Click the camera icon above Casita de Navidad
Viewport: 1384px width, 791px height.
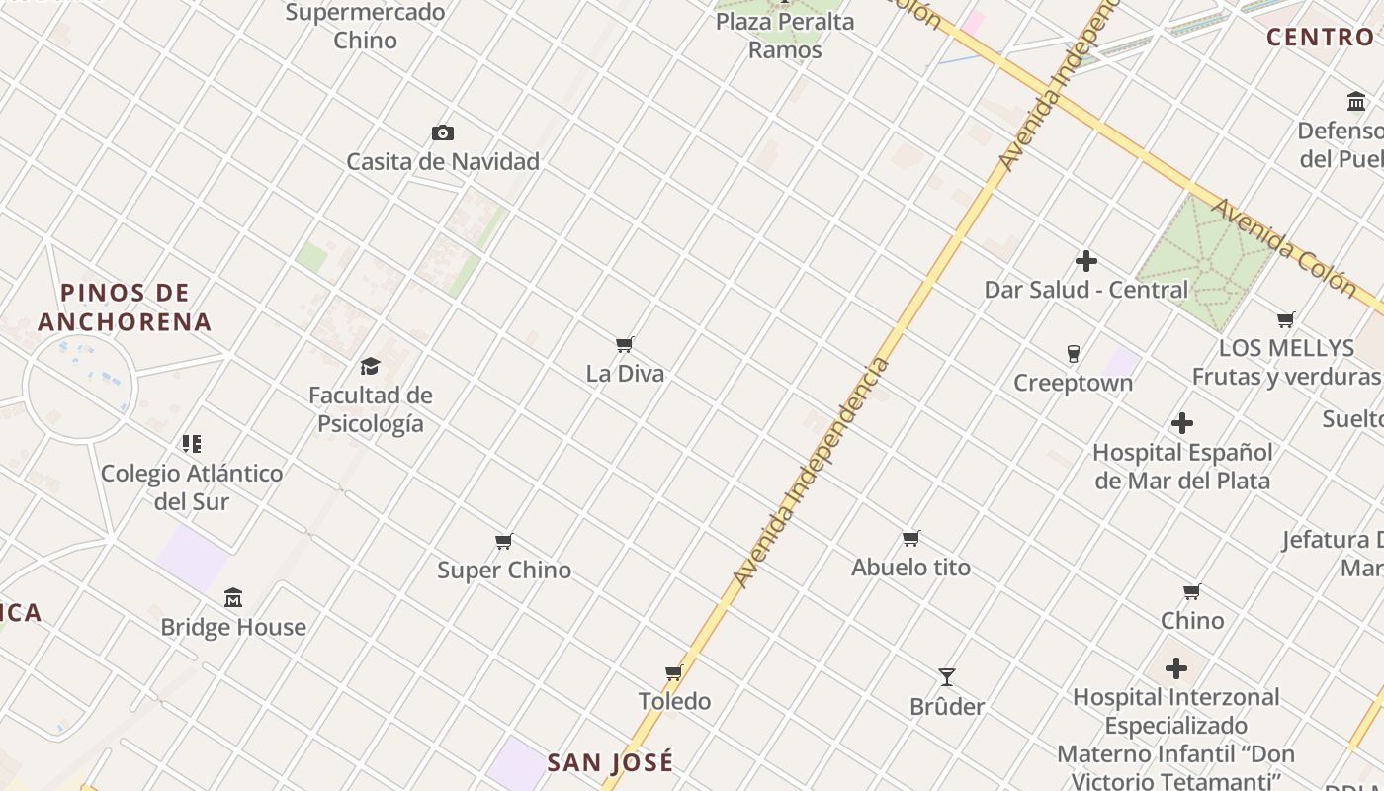click(443, 132)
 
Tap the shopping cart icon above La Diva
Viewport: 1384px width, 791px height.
click(624, 345)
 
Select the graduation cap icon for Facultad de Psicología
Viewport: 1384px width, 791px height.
click(371, 366)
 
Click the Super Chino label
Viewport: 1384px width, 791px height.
click(504, 571)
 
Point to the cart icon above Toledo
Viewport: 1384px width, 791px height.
click(674, 672)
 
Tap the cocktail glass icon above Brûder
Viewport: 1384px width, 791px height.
click(947, 677)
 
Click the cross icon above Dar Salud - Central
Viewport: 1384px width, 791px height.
click(1086, 261)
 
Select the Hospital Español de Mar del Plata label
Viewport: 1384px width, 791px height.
click(1181, 467)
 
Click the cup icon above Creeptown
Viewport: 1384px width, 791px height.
click(1073, 354)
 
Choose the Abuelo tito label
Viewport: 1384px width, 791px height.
click(910, 568)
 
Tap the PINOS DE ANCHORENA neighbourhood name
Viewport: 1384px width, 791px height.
click(125, 308)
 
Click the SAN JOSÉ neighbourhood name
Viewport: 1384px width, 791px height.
click(610, 762)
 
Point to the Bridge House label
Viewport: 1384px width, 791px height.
click(233, 627)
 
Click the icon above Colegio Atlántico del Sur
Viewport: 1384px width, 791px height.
click(192, 444)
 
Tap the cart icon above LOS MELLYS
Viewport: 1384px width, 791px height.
click(1285, 319)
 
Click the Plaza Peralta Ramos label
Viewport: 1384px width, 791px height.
click(785, 36)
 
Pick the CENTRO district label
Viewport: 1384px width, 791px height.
click(1320, 38)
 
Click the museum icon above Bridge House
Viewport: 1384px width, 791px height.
click(233, 598)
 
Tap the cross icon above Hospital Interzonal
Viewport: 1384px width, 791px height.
click(1175, 668)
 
